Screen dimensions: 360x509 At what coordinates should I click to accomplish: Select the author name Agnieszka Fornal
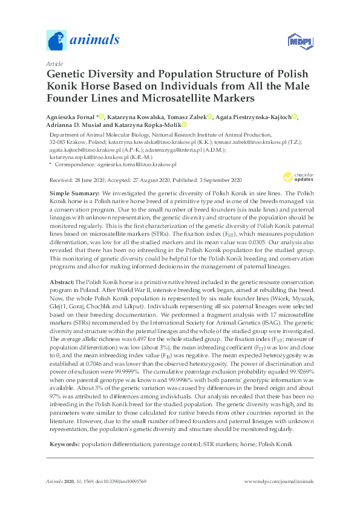click(x=71, y=116)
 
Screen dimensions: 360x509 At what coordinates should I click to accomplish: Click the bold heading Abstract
click(x=61, y=282)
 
